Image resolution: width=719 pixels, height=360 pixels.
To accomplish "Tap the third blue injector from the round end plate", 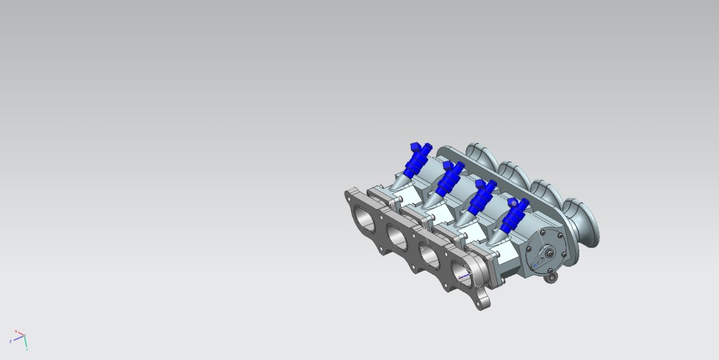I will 448,178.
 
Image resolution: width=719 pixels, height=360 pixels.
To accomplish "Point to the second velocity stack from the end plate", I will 548,198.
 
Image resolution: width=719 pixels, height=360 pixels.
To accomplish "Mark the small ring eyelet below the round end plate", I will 552,278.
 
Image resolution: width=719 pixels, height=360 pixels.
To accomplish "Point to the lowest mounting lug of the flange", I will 484,302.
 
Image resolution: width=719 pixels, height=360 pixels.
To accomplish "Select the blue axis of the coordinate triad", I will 16,339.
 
